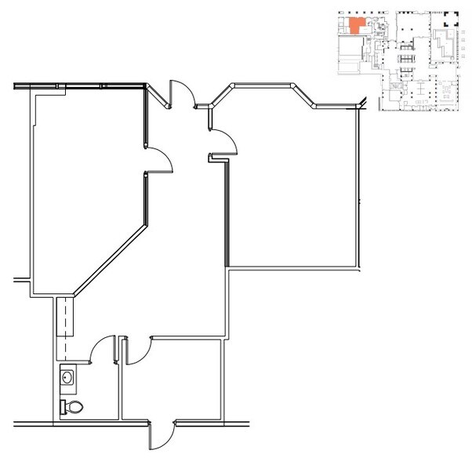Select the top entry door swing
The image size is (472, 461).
180,93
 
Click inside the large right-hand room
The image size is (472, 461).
298,188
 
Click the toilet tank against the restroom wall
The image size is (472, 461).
63,407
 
